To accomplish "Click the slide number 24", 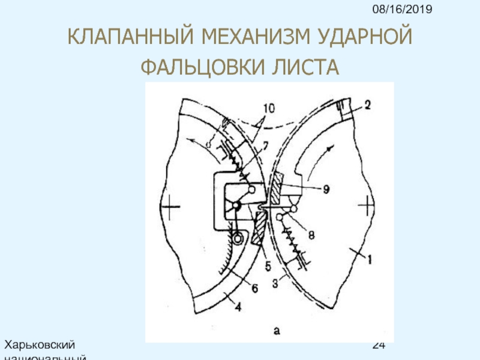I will (378, 346).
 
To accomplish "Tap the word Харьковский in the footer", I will (40, 345).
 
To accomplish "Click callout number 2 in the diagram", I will (367, 104).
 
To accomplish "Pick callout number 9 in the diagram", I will (324, 188).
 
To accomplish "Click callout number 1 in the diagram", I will (370, 260).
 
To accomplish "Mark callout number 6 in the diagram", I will (254, 288).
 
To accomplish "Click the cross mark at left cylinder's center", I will (170, 208).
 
